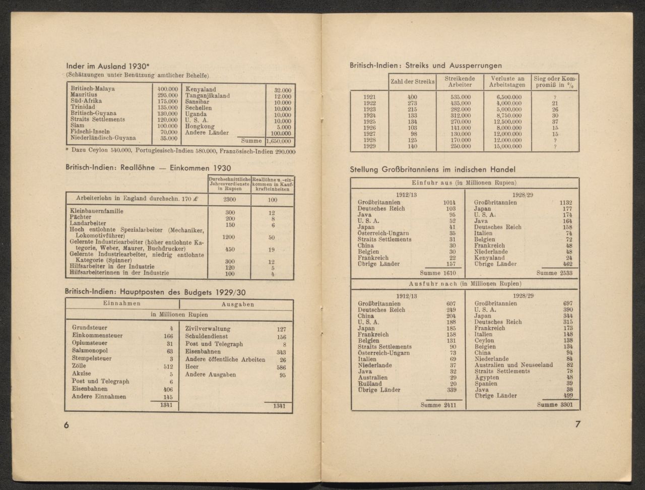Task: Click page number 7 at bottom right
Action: tap(577, 424)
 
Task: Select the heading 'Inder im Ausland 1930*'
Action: tap(108, 66)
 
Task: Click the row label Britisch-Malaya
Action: tap(93, 89)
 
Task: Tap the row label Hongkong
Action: tap(200, 127)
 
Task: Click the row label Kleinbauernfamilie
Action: tap(96, 212)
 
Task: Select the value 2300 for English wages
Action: tap(229, 200)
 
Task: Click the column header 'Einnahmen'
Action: tap(122, 303)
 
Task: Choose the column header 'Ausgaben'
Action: tap(238, 304)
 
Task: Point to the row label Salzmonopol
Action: tap(90, 351)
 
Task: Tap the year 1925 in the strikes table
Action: tap(369, 122)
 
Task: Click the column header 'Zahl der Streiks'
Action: tap(412, 82)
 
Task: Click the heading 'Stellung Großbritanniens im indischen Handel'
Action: tap(432, 170)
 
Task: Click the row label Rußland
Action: tap(370, 384)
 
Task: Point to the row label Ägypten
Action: tap(487, 378)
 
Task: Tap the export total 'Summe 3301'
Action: tap(554, 404)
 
